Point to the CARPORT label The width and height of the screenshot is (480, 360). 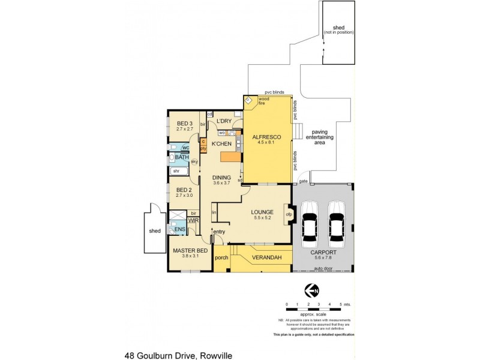tap(323, 253)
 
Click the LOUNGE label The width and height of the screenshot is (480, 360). tap(263, 212)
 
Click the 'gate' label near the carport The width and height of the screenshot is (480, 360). tap(302, 180)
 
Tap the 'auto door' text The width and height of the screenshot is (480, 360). tap(323, 269)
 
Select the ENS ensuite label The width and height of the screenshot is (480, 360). tap(179, 229)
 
